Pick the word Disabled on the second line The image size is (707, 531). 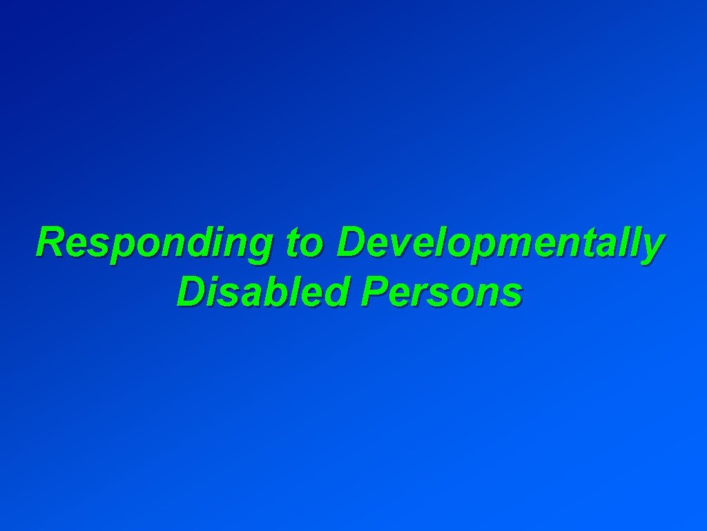[262, 292]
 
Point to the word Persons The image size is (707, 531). [441, 292]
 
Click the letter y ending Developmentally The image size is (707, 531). [652, 249]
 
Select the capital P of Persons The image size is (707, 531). [372, 292]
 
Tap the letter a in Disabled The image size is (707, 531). [251, 295]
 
